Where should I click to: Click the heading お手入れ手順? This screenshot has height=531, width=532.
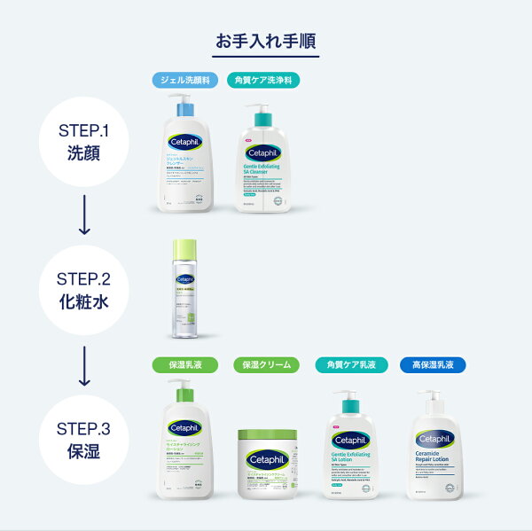click(267, 41)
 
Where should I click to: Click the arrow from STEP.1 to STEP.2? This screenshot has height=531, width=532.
click(85, 215)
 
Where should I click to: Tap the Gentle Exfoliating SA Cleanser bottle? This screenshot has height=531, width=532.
click(263, 164)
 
